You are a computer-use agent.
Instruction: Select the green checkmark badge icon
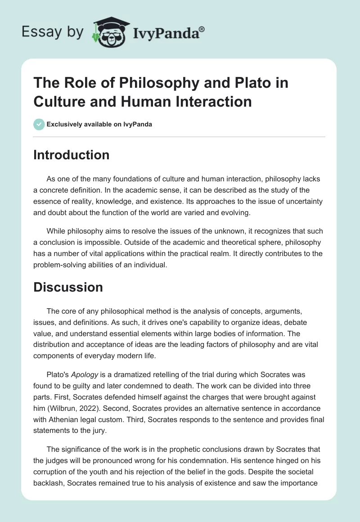click(x=39, y=124)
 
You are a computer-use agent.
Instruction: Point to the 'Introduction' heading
click(x=72, y=155)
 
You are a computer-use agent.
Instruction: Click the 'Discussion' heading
click(x=68, y=287)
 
